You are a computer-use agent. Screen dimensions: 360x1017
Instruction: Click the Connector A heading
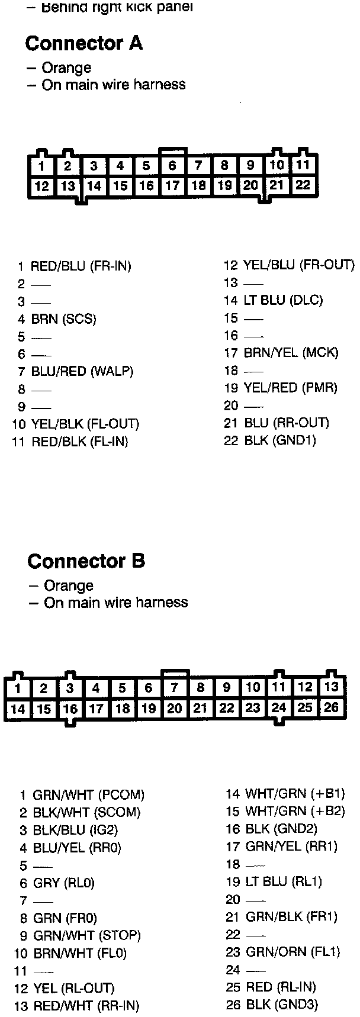pos(83,43)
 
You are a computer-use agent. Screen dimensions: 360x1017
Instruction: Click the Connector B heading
pos(86,561)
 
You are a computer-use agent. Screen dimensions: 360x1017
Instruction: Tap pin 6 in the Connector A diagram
pos(172,165)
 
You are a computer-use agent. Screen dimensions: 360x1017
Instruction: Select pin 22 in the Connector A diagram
pos(303,185)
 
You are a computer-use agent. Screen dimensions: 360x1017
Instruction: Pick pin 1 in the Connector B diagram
pos(18,688)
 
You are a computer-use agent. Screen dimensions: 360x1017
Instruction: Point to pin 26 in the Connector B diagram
pos(332,707)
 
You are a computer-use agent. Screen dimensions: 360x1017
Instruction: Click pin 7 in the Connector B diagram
pos(175,688)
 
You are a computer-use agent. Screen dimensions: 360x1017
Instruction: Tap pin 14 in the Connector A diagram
pos(94,186)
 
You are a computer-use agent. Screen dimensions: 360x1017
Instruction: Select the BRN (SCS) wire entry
pos(63,319)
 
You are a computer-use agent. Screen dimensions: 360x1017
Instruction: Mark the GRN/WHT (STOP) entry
pos(86,936)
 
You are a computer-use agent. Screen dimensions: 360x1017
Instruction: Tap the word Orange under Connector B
pos(69,585)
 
